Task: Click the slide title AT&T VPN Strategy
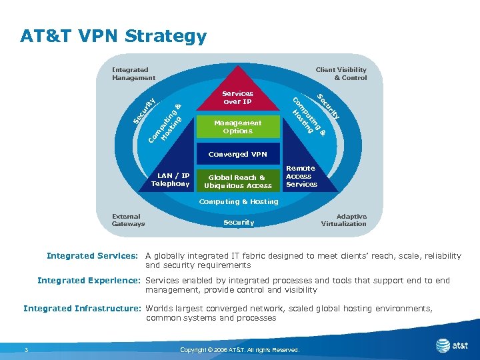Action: tap(113, 36)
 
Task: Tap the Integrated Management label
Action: tap(133, 73)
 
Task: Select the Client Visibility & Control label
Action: tap(341, 73)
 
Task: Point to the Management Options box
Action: tap(237, 127)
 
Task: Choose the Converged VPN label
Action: tap(237, 154)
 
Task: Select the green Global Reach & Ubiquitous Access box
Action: tap(238, 181)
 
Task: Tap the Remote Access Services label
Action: tap(301, 176)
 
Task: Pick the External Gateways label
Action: tap(128, 220)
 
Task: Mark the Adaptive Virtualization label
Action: tap(343, 220)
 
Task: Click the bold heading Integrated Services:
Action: tap(92, 256)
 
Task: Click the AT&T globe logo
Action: tap(443, 345)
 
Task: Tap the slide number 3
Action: tap(25, 349)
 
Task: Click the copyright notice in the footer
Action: tap(239, 349)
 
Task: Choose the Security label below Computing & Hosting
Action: tap(239, 223)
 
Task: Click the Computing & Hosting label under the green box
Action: tap(239, 201)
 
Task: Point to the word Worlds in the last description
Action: tap(161, 309)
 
